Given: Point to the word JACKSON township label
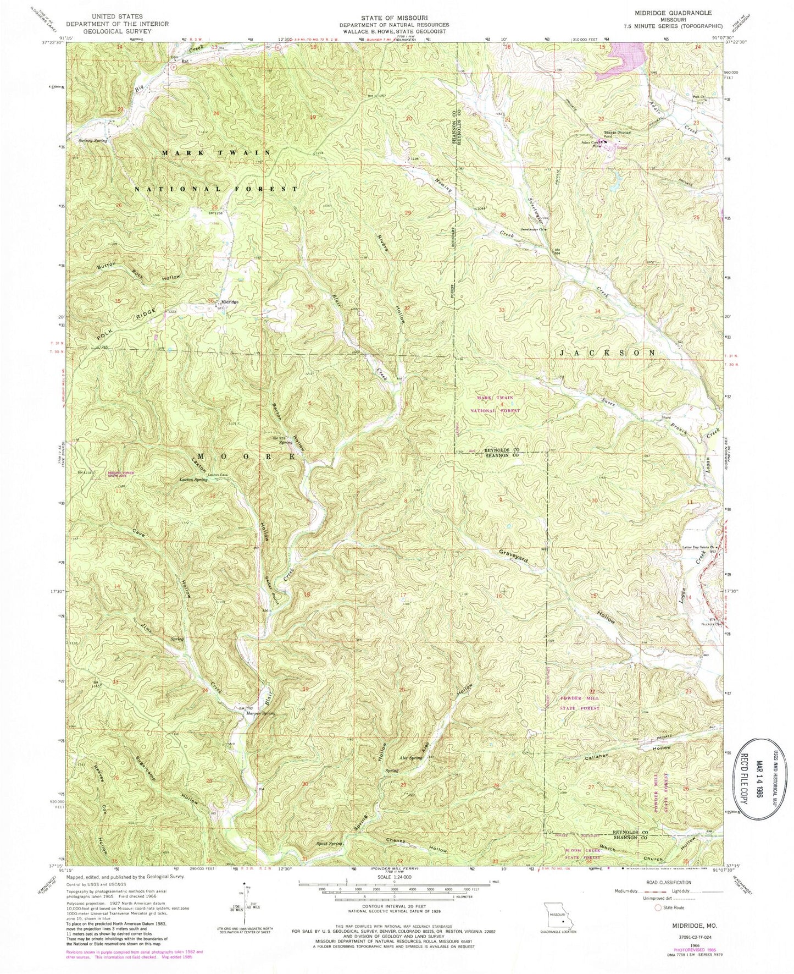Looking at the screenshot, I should point(607,352).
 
